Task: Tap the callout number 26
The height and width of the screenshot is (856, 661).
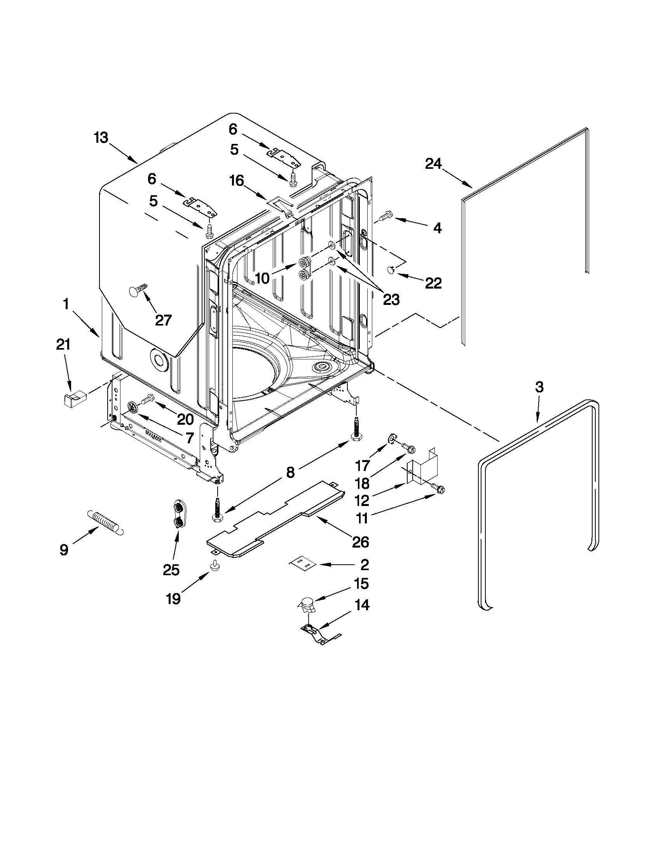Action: (x=360, y=542)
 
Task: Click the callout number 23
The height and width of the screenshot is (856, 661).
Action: (x=391, y=300)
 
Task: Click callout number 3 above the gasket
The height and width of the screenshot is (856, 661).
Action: (x=539, y=387)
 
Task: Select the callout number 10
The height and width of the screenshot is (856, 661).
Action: (x=262, y=278)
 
